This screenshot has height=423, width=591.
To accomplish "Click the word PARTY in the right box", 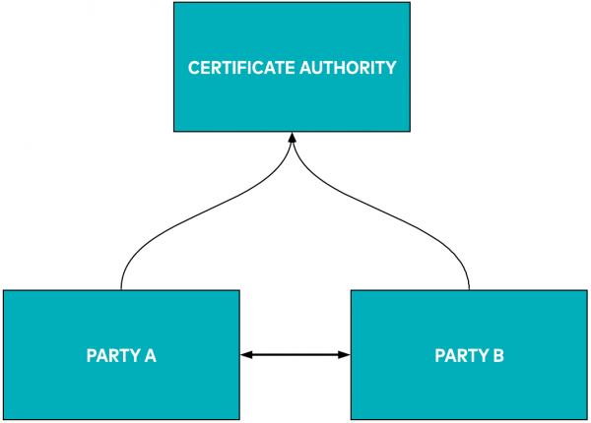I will [x=457, y=356].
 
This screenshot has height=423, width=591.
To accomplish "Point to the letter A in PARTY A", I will [x=151, y=356].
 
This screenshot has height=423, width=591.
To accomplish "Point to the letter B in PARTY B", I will [x=498, y=356].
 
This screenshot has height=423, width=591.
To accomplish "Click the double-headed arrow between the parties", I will [x=295, y=354].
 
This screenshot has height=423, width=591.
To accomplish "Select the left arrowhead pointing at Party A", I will [x=245, y=354].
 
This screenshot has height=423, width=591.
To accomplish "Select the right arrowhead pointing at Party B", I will [x=346, y=354].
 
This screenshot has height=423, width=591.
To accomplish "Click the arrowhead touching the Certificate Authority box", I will [x=292, y=139].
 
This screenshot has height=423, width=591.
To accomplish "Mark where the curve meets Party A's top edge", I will [x=121, y=290].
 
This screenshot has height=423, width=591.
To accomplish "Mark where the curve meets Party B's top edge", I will [x=469, y=290].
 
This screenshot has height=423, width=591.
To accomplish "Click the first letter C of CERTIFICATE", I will [x=193, y=69].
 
